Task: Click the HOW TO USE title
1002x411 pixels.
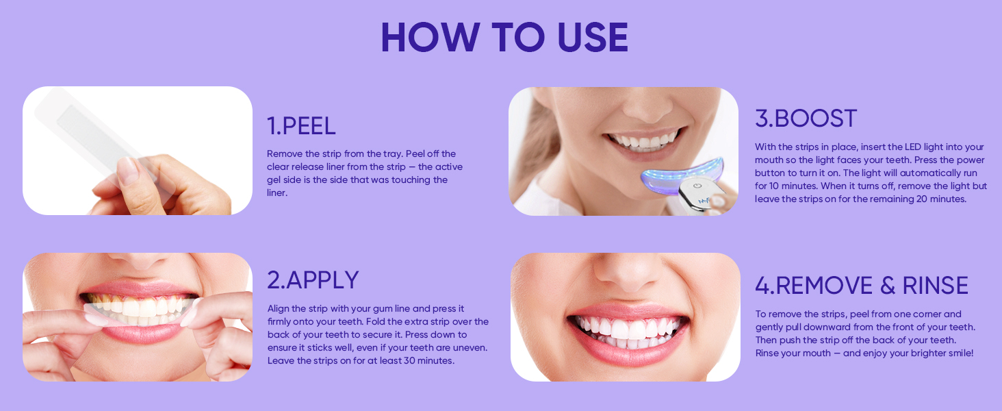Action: (x=504, y=38)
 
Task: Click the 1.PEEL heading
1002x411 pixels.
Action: (x=301, y=126)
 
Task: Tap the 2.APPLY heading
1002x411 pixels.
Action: (x=313, y=280)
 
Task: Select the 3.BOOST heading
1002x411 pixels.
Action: (x=806, y=119)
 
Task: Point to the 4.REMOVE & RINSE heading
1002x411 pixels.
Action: (x=862, y=286)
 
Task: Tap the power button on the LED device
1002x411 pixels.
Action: (x=697, y=185)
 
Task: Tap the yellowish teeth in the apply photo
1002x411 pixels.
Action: (x=137, y=305)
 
